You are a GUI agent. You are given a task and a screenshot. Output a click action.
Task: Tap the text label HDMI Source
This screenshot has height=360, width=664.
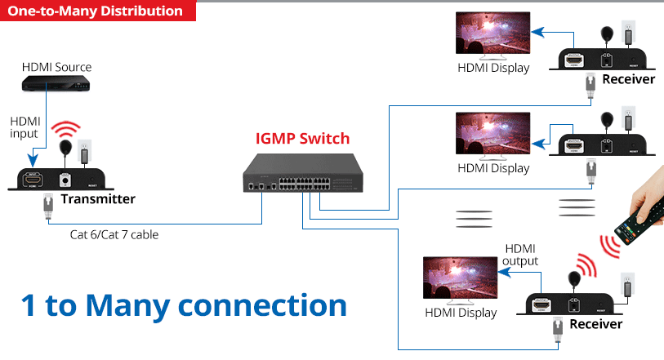coord(56,67)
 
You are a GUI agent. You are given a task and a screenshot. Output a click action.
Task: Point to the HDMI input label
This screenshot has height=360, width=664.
coord(25,127)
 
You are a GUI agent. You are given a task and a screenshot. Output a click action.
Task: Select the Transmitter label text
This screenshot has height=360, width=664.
coord(98,199)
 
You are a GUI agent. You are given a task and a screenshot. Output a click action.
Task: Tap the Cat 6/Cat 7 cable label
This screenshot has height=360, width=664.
coord(114,235)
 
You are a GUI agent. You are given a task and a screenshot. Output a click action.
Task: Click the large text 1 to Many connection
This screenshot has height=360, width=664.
coord(184,304)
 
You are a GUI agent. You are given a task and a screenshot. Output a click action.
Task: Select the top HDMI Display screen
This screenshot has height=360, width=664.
coord(492,37)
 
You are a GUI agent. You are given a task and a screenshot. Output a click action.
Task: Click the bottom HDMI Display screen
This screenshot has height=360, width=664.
coord(460,281)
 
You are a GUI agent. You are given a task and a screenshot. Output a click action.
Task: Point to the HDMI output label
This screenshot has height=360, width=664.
coord(521,255)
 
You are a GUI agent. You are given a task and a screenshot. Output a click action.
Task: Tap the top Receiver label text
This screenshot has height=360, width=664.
coord(628,79)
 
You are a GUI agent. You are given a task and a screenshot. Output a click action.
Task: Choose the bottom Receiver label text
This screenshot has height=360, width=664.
coord(595,324)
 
